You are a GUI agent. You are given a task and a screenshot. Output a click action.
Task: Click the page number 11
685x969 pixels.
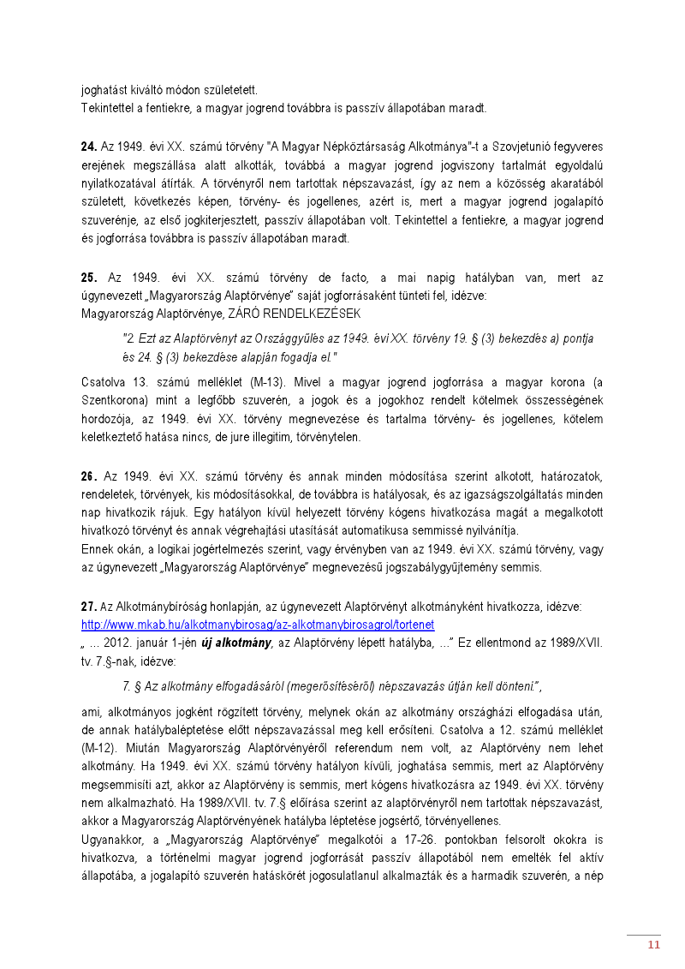click(x=653, y=945)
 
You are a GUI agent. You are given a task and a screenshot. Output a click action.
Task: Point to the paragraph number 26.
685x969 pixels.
click(x=88, y=476)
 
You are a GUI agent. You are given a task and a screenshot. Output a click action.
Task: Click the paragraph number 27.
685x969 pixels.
click(x=88, y=607)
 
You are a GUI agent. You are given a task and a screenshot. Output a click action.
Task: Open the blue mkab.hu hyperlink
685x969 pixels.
click(x=258, y=625)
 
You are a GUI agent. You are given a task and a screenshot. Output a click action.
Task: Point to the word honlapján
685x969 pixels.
click(x=205, y=607)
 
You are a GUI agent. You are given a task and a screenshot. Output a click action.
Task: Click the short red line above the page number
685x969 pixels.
click(x=643, y=935)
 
